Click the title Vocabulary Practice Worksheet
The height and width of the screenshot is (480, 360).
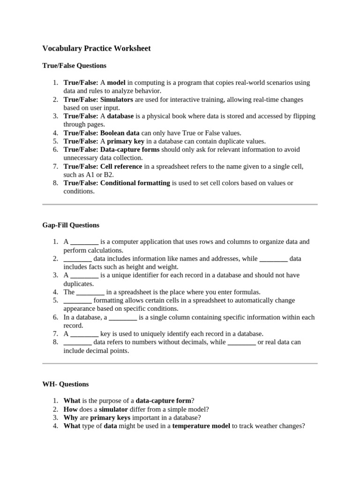tap(97, 48)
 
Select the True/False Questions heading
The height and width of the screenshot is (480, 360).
tap(75, 66)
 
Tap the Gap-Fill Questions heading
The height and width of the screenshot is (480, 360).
tap(71, 225)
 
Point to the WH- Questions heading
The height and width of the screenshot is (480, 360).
tap(66, 384)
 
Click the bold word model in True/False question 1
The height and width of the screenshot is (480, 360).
tap(116, 82)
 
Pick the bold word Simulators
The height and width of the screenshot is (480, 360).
tap(117, 99)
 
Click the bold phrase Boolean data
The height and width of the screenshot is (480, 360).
tap(120, 133)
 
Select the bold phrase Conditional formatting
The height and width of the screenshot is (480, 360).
tap(135, 183)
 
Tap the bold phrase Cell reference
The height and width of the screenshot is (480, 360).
tap(121, 166)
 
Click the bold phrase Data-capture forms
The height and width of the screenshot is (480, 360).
tap(129, 150)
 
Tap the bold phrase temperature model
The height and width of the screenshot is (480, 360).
tap(201, 426)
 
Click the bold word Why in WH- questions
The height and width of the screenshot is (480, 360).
tap(71, 417)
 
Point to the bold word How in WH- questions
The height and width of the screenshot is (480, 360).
tap(71, 409)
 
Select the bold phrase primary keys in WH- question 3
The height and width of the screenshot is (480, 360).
tap(110, 417)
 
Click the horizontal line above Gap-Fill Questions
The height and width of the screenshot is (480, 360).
tap(180, 204)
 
